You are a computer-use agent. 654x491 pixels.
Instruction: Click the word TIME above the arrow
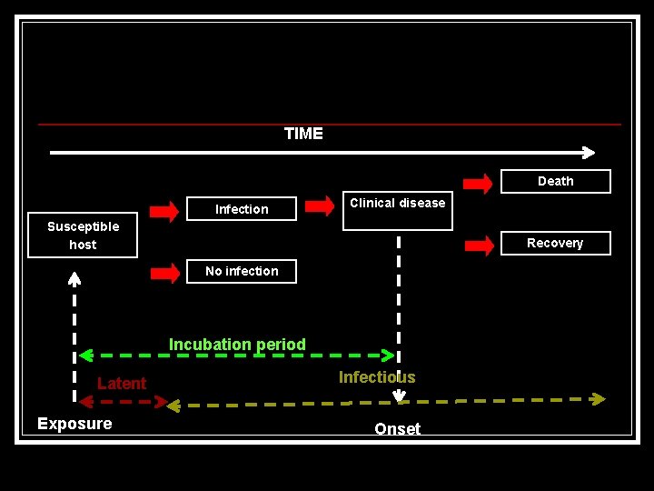pyautogui.click(x=303, y=134)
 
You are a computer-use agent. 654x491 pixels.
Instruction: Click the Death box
pyautogui.click(x=555, y=181)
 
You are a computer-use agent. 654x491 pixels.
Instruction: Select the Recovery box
pyautogui.click(x=555, y=243)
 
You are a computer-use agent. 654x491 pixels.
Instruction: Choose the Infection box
pyautogui.click(x=242, y=209)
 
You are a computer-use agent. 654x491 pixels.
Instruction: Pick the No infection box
pyautogui.click(x=242, y=271)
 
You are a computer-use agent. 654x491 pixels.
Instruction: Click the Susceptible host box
pyautogui.click(x=83, y=235)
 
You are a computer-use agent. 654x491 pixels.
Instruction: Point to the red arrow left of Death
pyautogui.click(x=478, y=183)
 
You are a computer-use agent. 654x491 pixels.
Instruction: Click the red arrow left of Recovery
pyautogui.click(x=478, y=245)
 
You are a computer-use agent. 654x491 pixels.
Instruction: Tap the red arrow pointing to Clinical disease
pyautogui.click(x=320, y=206)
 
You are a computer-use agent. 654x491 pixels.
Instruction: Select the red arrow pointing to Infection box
pyautogui.click(x=164, y=211)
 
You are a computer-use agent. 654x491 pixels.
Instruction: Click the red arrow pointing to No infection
pyautogui.click(x=164, y=273)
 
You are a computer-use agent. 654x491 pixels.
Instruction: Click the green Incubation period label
pyautogui.click(x=237, y=345)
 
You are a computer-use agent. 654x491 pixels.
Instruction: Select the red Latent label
pyautogui.click(x=122, y=383)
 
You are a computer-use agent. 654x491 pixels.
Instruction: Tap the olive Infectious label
pyautogui.click(x=377, y=377)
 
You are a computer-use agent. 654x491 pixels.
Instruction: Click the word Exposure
pyautogui.click(x=74, y=424)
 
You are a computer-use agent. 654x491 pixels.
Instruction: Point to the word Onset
pyautogui.click(x=398, y=429)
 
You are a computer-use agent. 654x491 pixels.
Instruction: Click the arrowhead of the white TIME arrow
pyautogui.click(x=589, y=153)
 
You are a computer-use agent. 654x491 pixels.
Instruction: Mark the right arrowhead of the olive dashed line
pyautogui.click(x=598, y=398)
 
